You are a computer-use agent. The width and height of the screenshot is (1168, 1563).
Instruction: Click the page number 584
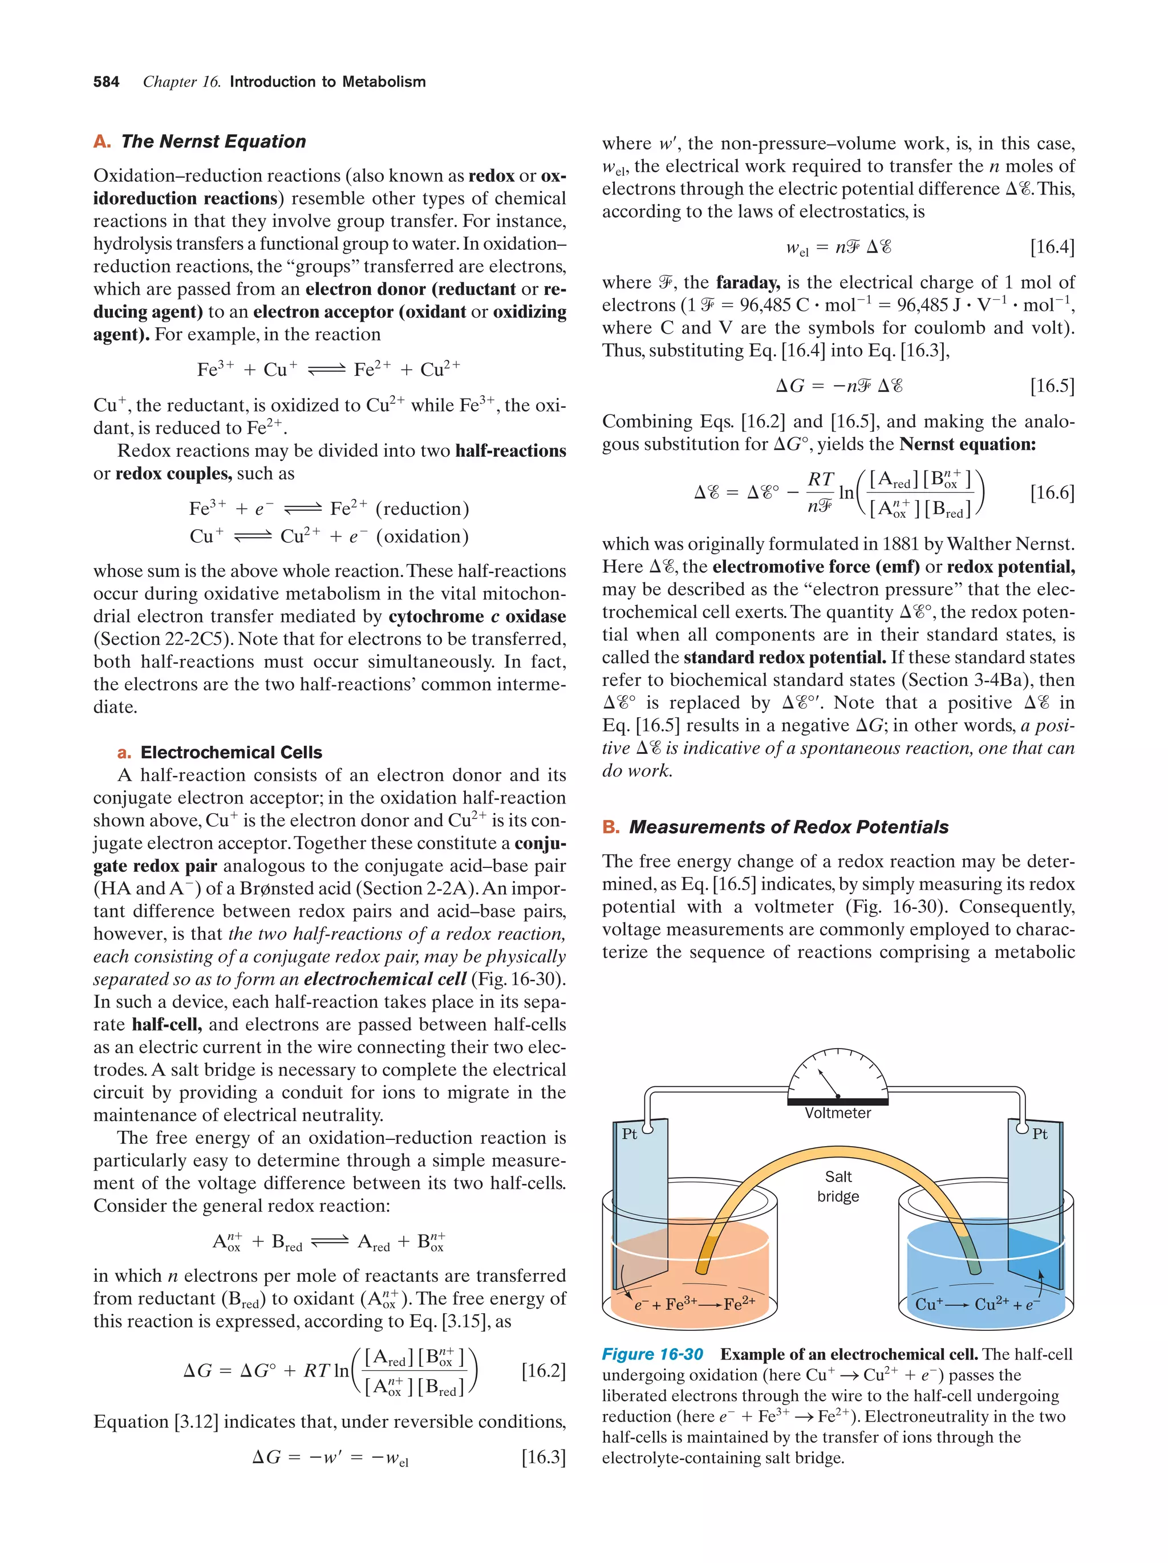[x=106, y=82]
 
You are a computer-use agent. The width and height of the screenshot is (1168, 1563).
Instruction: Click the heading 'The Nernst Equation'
[x=213, y=141]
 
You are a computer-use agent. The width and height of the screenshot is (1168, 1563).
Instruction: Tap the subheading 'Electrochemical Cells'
[x=231, y=752]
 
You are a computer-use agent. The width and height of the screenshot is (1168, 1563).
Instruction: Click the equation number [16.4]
[x=1052, y=246]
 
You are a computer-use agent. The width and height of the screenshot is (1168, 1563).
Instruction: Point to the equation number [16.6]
[x=1052, y=493]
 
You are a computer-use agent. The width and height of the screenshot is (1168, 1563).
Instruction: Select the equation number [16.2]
[x=544, y=1371]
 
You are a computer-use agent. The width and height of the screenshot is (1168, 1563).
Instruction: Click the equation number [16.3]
[x=544, y=1457]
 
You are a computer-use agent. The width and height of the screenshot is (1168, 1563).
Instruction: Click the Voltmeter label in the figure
[x=837, y=1113]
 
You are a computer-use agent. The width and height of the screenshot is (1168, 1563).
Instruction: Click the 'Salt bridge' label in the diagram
[x=838, y=1187]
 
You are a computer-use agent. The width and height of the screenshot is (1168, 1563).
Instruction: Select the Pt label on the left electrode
[x=629, y=1134]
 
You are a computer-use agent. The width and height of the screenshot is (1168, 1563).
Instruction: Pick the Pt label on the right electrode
[x=1040, y=1134]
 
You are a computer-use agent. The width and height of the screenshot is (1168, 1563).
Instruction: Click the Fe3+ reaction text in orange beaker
[x=695, y=1304]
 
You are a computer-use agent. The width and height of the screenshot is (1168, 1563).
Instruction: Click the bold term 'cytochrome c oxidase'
[x=477, y=616]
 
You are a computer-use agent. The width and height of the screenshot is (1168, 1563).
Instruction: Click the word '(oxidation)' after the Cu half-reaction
[x=423, y=537]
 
